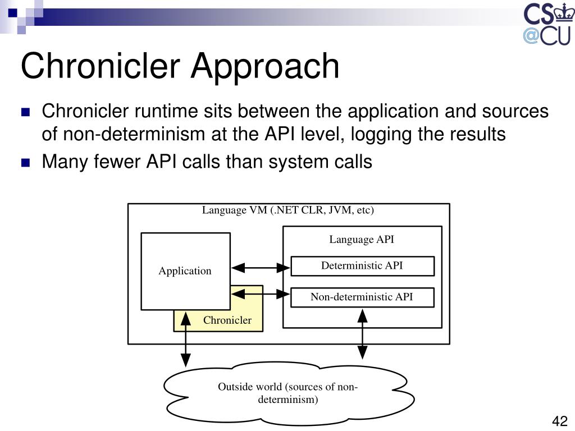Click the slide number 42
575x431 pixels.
tap(560, 421)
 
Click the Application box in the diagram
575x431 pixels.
tap(185, 271)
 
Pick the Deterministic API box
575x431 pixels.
tap(362, 266)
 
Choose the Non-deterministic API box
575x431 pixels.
tap(362, 297)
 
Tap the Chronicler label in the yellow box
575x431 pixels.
tap(227, 320)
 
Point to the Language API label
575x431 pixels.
tap(362, 240)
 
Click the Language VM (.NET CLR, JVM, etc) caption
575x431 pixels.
tap(288, 210)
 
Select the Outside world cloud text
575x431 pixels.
tap(288, 393)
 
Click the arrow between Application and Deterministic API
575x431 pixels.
tap(261, 268)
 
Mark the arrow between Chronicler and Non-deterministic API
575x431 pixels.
tap(261, 293)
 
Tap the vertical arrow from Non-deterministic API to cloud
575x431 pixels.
tap(363, 334)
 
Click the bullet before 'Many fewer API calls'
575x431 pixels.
tap(25, 163)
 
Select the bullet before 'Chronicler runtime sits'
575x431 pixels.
tap(25, 112)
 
